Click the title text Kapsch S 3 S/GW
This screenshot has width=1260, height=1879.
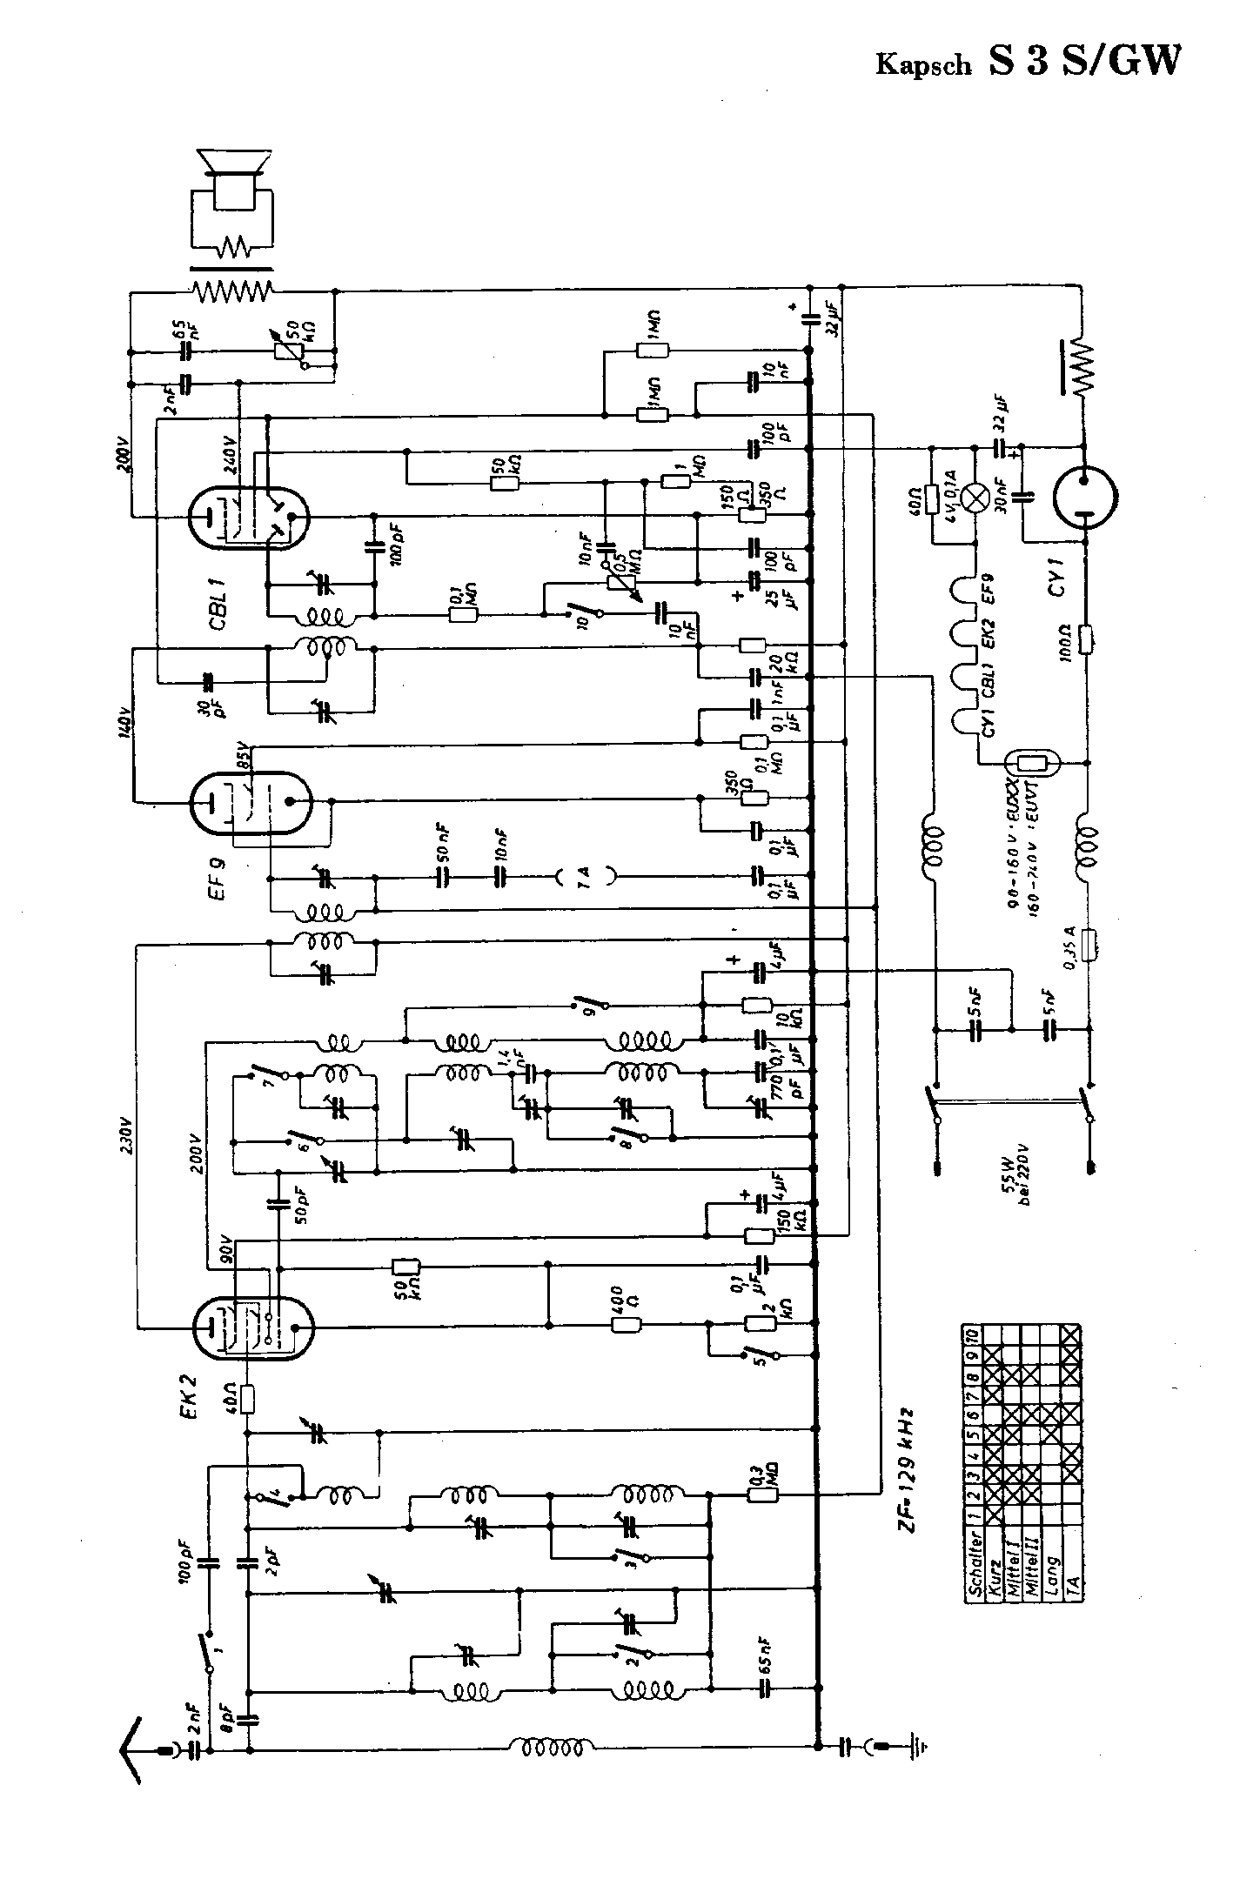[x=1029, y=62]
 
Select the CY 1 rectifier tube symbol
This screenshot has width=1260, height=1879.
[x=1085, y=497]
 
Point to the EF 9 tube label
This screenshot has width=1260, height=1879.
[x=217, y=879]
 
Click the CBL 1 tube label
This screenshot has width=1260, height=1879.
[x=218, y=600]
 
